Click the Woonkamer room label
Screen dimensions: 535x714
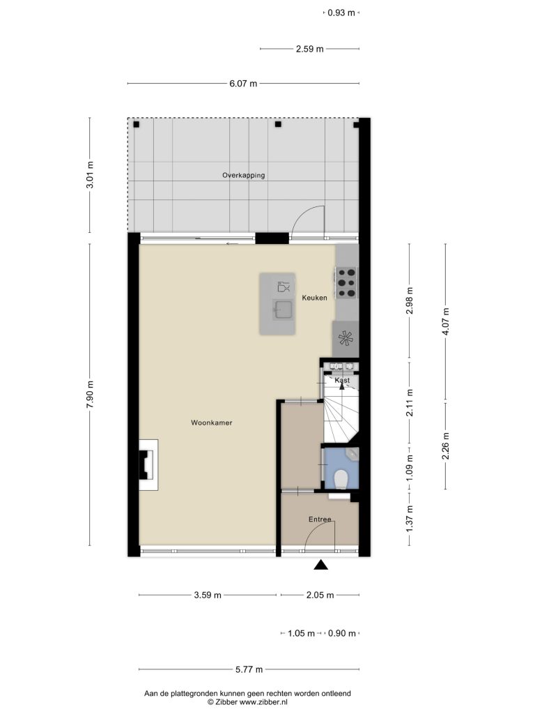(x=212, y=423)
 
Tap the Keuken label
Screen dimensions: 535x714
(x=314, y=298)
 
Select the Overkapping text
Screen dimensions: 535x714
(x=243, y=175)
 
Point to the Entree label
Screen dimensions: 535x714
(x=320, y=519)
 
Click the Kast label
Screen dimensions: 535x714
(x=342, y=380)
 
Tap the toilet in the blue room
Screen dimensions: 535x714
(x=341, y=479)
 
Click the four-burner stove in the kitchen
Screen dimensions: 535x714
(x=347, y=283)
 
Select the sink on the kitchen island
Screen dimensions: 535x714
(x=284, y=310)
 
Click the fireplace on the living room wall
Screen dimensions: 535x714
(x=148, y=464)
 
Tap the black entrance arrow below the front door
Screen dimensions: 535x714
(x=321, y=565)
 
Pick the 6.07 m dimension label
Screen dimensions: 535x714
(x=243, y=84)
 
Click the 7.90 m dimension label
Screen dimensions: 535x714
(x=90, y=395)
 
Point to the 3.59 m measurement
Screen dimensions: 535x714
(x=208, y=595)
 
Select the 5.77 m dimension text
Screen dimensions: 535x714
(x=249, y=669)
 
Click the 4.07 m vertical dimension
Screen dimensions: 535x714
(x=446, y=321)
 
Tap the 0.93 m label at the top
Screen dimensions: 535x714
(x=341, y=13)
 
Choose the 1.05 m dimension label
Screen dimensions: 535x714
(x=301, y=633)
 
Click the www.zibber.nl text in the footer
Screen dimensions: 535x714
(x=263, y=702)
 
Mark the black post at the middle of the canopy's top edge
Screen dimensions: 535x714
(x=279, y=124)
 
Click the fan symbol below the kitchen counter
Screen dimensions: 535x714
(x=346, y=339)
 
